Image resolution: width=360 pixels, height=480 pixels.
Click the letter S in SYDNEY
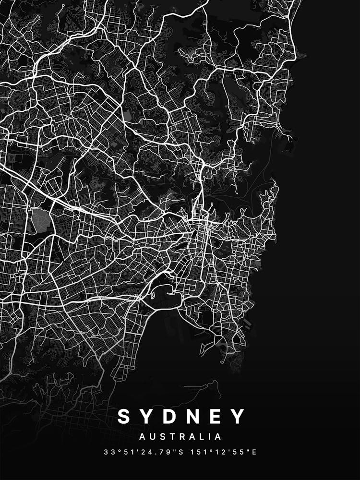tap(124, 416)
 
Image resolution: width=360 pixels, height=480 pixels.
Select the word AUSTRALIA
tap(180, 437)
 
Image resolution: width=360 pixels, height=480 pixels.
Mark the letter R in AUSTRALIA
tap(180, 437)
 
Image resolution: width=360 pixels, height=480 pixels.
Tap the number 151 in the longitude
tap(197, 452)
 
